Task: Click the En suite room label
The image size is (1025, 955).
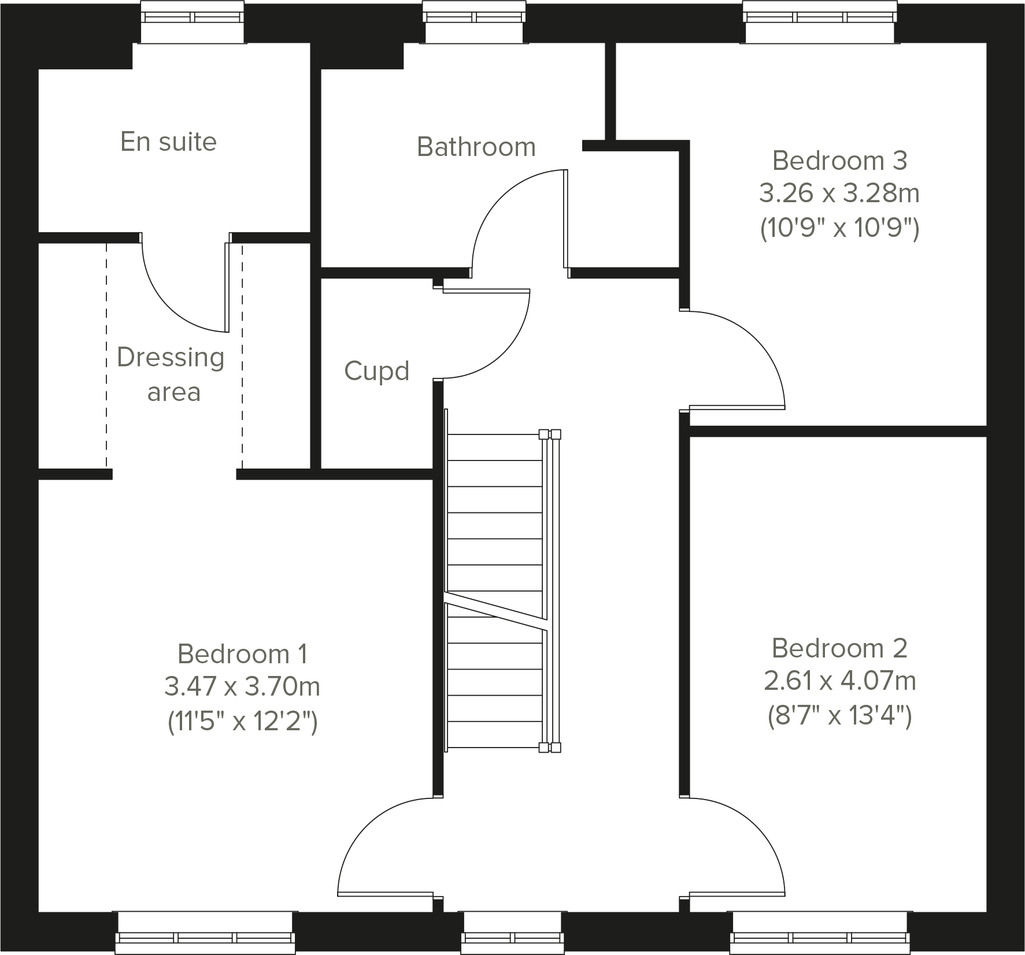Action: click(x=168, y=142)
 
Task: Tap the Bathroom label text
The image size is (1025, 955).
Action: click(x=476, y=147)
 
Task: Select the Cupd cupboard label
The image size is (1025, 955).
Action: click(x=376, y=371)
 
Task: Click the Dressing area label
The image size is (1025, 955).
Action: click(x=171, y=374)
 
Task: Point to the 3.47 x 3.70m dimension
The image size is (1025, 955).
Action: click(x=242, y=687)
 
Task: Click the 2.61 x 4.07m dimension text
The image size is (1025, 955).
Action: click(x=839, y=681)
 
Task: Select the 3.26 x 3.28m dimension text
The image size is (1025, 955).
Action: click(x=839, y=194)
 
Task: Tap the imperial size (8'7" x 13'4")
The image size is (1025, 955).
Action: click(x=839, y=716)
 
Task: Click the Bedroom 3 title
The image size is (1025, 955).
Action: click(x=839, y=161)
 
